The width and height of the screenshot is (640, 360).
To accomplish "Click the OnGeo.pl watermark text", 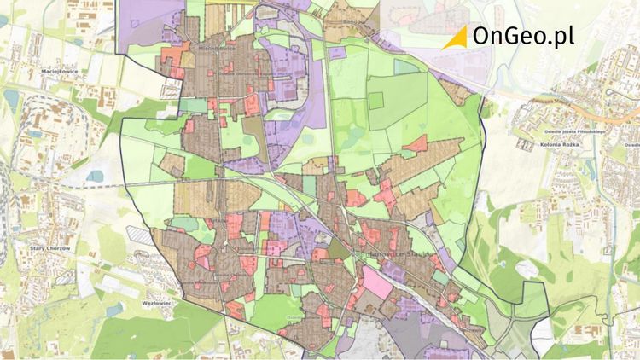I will point(523,37).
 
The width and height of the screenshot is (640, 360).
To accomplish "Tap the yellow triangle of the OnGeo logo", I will point(457,37).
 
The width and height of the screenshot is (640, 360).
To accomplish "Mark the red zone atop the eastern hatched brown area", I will point(416,143).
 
